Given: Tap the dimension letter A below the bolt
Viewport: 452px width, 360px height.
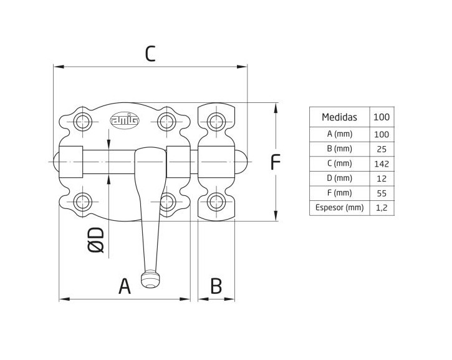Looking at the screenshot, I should (125, 286).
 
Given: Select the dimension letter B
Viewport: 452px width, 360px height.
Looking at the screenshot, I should (216, 286).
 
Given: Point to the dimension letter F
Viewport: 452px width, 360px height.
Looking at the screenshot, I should (275, 162).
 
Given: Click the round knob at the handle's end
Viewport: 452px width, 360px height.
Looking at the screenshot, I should (150, 279).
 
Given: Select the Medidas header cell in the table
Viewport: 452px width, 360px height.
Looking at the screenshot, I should (339, 117).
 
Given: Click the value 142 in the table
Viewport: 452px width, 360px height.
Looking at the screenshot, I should (382, 164).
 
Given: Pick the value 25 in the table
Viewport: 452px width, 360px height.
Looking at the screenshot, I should (382, 149).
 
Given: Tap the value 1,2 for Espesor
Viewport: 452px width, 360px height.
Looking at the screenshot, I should (382, 208).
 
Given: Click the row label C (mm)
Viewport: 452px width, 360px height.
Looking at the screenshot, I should (339, 164).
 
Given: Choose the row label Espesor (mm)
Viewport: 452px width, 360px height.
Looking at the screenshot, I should (339, 208).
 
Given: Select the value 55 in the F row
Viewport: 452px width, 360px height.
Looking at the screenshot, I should (382, 193).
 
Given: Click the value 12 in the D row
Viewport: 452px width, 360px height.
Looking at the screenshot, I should (382, 178).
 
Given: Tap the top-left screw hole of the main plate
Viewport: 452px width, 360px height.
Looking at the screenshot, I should (82, 120).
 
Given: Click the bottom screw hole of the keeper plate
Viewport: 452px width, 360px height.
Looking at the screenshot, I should (216, 201).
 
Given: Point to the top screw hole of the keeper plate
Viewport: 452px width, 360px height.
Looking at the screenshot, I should (216, 120).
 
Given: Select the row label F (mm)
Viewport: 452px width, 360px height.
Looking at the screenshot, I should (339, 193).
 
